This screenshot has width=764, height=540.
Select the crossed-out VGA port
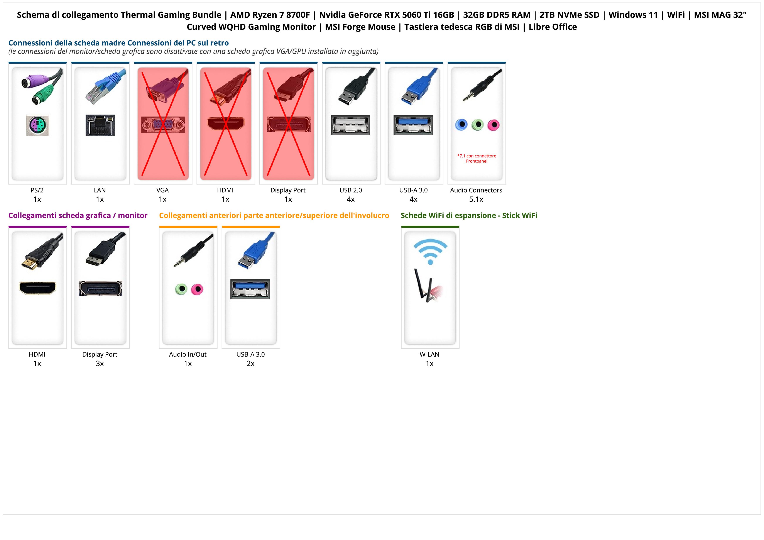163,125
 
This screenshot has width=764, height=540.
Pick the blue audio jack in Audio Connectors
461,125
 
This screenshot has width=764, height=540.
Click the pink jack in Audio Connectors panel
494,125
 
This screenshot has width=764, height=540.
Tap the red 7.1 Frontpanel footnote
477,158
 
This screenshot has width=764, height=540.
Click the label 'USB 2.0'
350,190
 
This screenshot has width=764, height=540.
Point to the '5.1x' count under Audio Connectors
476,199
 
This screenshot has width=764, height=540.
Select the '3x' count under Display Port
100,364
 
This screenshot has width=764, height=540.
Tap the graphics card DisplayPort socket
100,288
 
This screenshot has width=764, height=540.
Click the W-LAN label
429,355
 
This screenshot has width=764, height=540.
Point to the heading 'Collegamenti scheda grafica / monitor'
78,216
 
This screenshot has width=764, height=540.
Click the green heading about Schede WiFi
469,216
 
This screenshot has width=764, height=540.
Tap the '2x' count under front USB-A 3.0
250,364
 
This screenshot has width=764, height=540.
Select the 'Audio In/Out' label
188,355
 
